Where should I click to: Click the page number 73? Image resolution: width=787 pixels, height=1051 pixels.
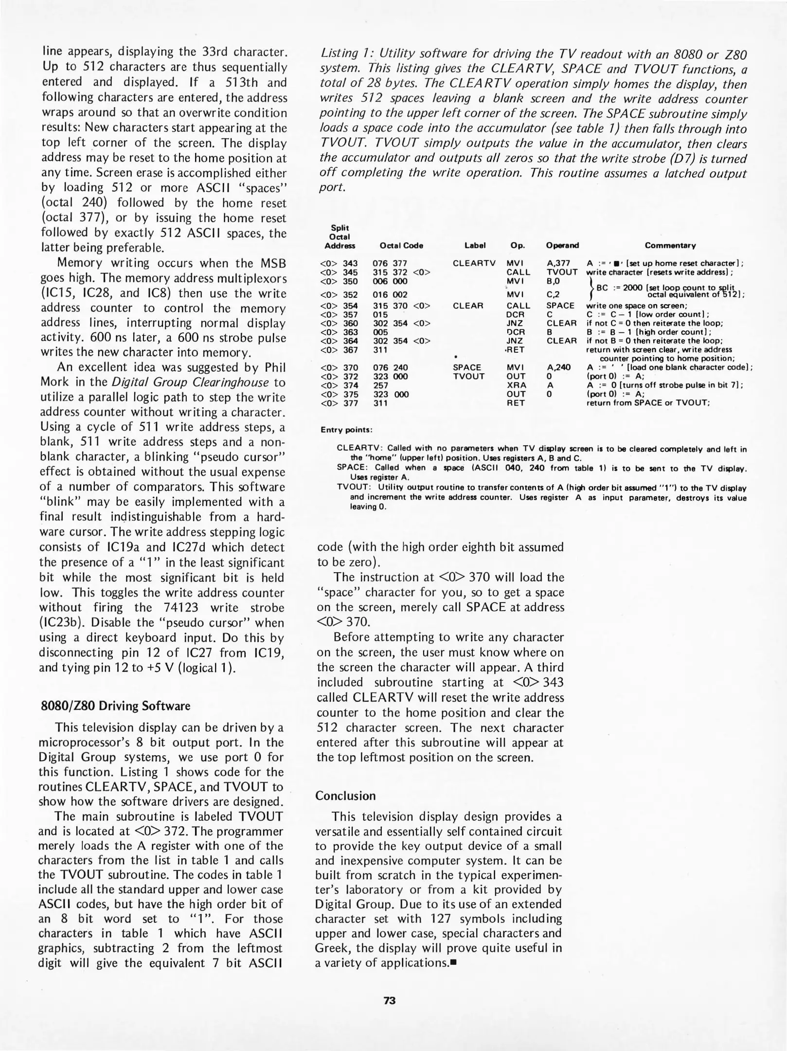tap(390, 1000)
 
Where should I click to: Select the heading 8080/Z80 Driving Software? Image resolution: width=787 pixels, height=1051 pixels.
tap(114, 706)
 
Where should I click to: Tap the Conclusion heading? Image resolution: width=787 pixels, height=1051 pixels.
tap(345, 796)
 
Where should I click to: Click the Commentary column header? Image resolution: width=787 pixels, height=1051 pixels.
tap(670, 246)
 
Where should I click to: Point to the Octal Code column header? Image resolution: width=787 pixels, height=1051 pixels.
tap(401, 246)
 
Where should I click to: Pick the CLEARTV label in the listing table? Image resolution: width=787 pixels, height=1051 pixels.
tap(474, 263)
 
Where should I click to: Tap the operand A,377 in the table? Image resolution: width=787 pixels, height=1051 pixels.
tap(558, 263)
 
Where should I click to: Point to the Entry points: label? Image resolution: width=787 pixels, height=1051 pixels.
tap(346, 430)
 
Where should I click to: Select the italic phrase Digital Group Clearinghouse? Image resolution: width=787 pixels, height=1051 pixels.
tap(190, 382)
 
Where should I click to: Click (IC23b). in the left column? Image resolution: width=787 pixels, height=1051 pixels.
tap(61, 623)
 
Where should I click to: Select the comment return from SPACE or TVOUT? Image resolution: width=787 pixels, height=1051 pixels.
tap(648, 403)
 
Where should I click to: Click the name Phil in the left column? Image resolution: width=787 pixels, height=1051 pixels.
tap(274, 367)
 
